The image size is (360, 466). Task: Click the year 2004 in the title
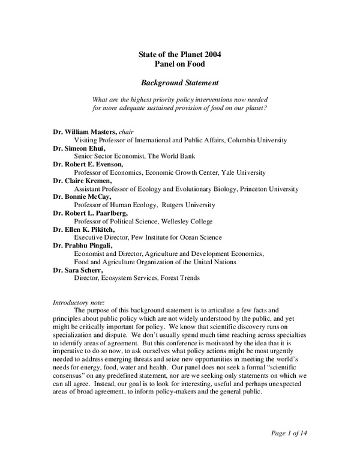(x=211, y=55)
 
